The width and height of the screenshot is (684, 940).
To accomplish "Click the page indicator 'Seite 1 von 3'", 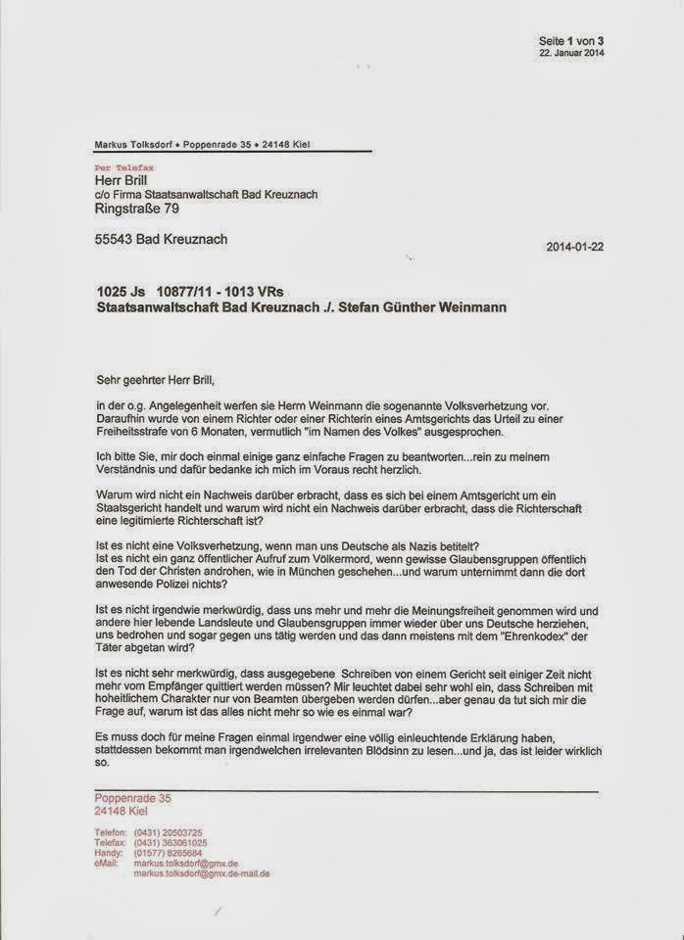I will tap(571, 40).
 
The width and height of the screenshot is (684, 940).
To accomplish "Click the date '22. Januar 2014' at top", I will tap(571, 53).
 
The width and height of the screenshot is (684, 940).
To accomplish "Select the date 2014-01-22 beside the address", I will tap(574, 247).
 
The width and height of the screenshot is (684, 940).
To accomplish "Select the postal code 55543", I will tap(116, 239).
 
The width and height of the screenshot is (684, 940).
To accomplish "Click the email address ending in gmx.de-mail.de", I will tap(202, 872).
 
